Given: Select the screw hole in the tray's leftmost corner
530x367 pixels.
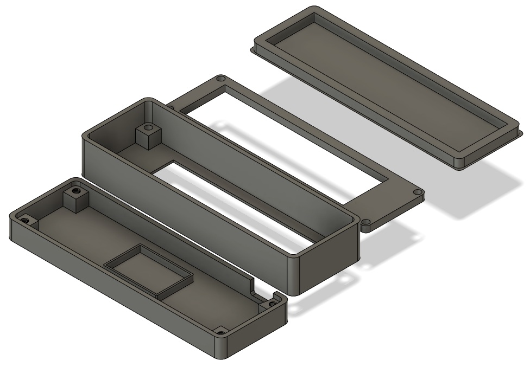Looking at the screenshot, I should (25, 220).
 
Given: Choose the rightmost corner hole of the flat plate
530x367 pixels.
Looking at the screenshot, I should (417, 192).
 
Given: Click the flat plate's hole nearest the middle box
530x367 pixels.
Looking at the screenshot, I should (366, 222).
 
